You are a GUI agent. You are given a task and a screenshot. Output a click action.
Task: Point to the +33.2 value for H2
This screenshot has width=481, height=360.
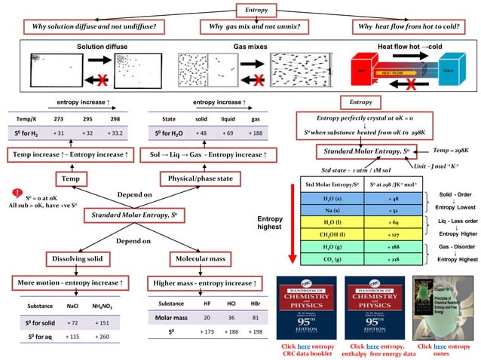(x=115, y=133)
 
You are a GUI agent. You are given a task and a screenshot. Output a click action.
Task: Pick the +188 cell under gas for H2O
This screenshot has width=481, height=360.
(x=256, y=133)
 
